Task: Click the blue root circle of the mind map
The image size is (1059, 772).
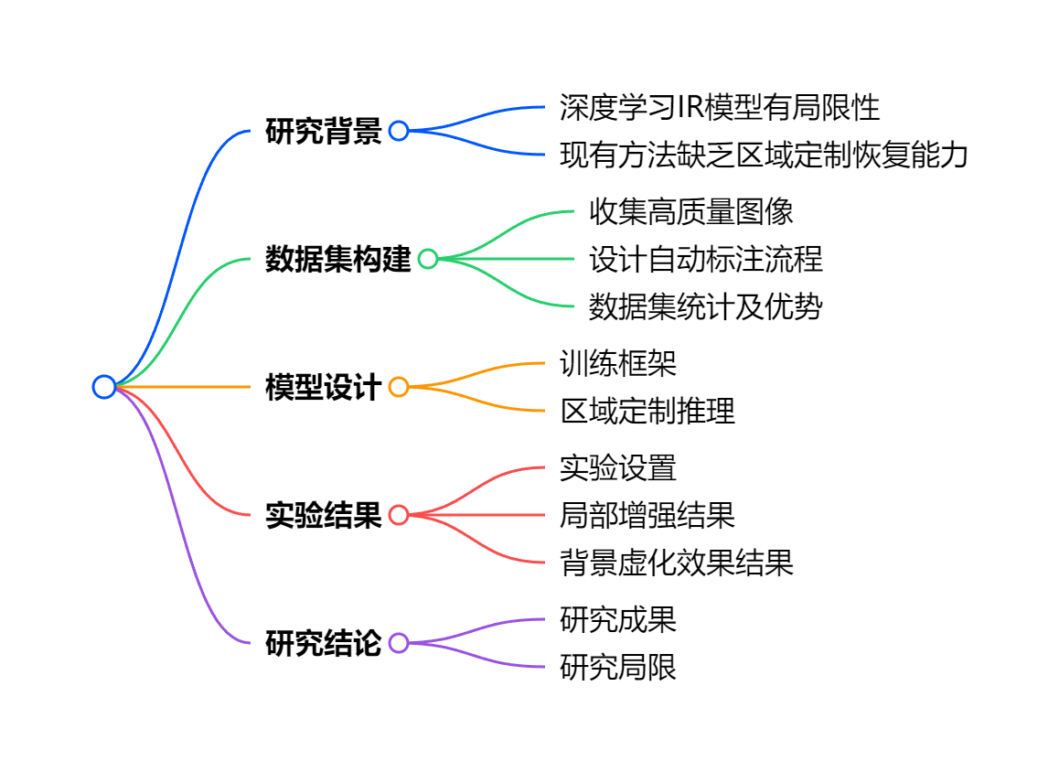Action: (104, 387)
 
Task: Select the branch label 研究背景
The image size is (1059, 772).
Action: (323, 132)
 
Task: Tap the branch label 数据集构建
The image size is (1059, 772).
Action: (337, 260)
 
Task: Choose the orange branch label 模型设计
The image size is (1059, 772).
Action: (323, 388)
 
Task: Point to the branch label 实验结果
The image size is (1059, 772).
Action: (323, 516)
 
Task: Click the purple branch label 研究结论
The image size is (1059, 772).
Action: (323, 644)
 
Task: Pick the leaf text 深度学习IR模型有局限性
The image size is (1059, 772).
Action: (719, 108)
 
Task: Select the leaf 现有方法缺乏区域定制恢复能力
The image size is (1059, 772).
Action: (764, 155)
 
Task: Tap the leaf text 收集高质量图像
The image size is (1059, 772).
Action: (690, 212)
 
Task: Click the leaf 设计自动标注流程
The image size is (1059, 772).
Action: (705, 260)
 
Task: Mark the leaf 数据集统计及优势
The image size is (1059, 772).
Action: (705, 307)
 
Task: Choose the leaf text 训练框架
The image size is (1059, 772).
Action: (618, 364)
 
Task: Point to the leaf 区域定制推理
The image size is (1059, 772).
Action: (647, 412)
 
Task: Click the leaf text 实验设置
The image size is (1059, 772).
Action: (618, 468)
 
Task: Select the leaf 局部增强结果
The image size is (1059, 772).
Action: (647, 516)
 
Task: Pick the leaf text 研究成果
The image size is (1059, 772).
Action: (618, 620)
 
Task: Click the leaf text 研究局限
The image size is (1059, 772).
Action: (618, 668)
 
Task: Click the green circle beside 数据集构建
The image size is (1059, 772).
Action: (428, 259)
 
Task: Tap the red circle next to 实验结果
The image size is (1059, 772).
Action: (399, 515)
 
